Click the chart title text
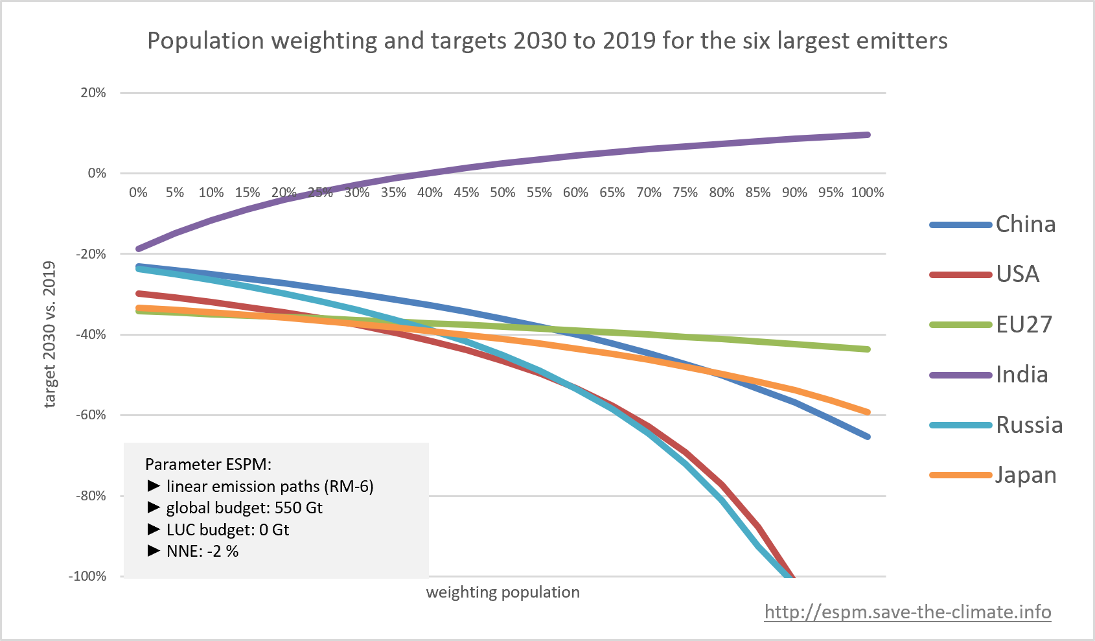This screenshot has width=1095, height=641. coord(547,41)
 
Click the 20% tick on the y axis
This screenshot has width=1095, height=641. coord(93,93)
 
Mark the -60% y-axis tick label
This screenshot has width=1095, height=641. coord(91,415)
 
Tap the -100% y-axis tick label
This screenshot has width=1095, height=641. coord(88,576)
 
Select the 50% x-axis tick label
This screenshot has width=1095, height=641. coord(503,192)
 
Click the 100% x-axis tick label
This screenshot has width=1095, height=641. coord(868,192)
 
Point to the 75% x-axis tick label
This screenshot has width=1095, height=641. coord(685,192)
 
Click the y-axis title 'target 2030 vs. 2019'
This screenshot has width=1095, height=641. coord(50,334)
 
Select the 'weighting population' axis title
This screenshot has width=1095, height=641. coord(503,592)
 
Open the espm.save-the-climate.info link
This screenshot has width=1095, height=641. coord(907,612)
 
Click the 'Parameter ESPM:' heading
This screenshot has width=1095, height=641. coord(208,464)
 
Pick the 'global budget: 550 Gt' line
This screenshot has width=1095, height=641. coord(244,507)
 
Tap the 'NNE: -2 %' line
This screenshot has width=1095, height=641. coord(202,552)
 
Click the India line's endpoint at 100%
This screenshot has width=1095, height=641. coord(868,135)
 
